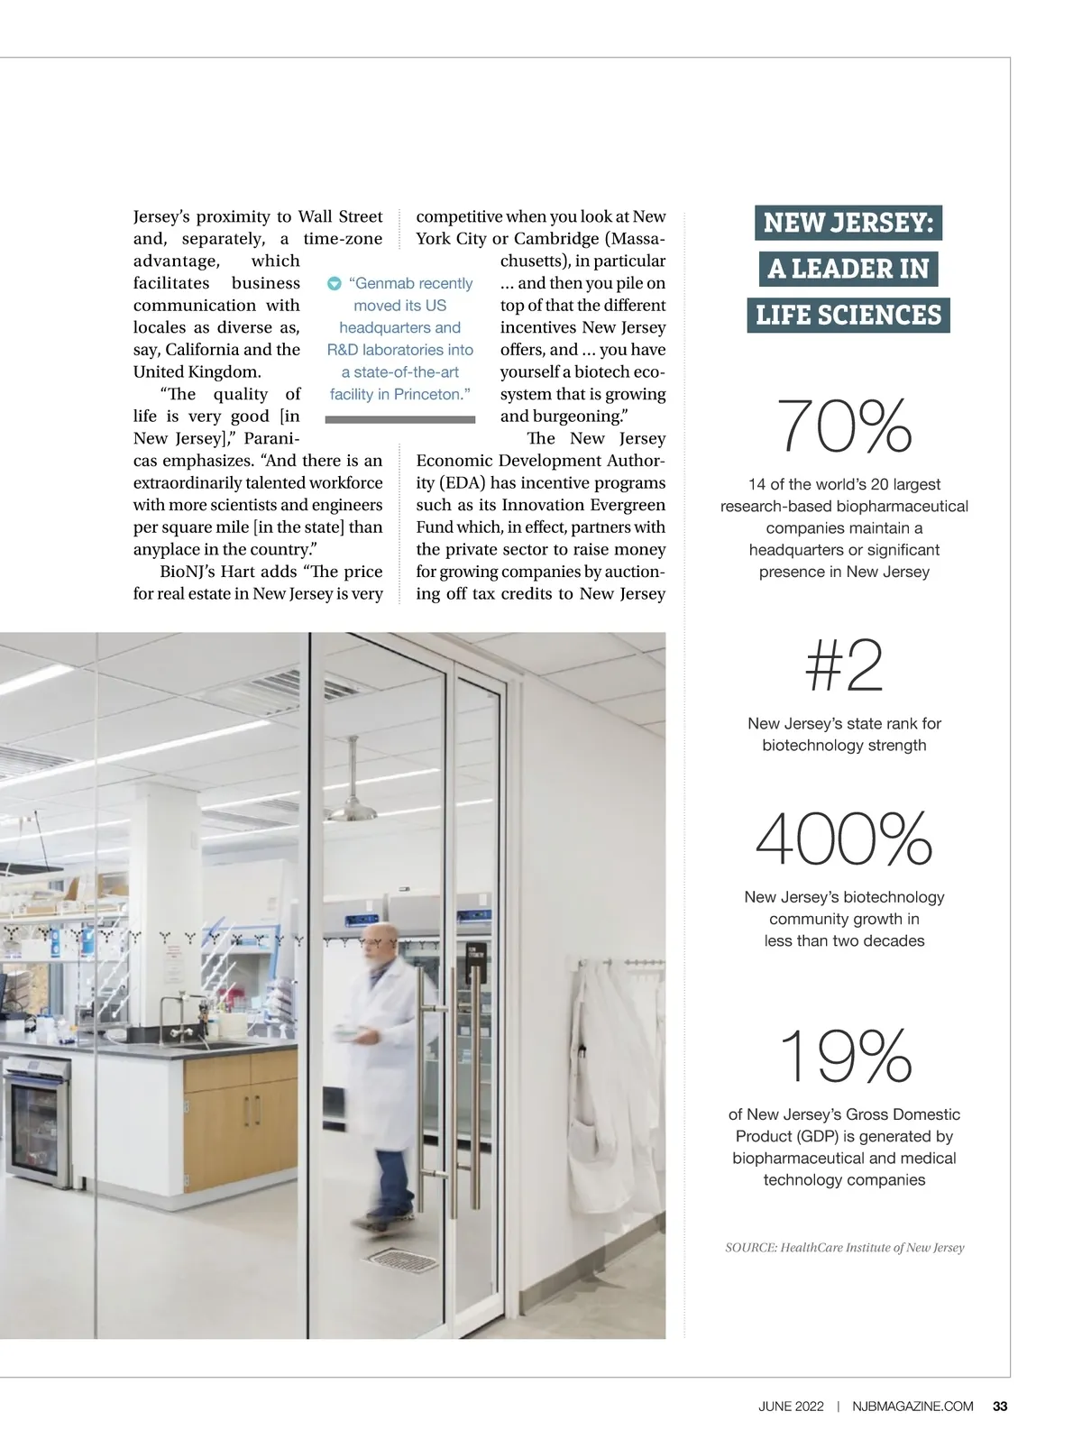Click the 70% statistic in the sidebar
pyautogui.click(x=844, y=426)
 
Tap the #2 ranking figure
pyautogui.click(x=844, y=666)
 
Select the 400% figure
pyautogui.click(x=844, y=839)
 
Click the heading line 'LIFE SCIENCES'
pyautogui.click(x=848, y=316)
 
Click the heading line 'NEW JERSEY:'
pyautogui.click(x=848, y=223)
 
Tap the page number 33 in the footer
pyautogui.click(x=1000, y=1407)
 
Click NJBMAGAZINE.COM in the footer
pyautogui.click(x=912, y=1407)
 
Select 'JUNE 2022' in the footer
pyautogui.click(x=791, y=1407)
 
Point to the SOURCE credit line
pyautogui.click(x=845, y=1248)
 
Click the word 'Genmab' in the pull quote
pyautogui.click(x=383, y=283)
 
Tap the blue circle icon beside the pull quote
pyautogui.click(x=334, y=284)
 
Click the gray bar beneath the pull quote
pyautogui.click(x=399, y=419)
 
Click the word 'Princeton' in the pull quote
pyautogui.click(x=426, y=394)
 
